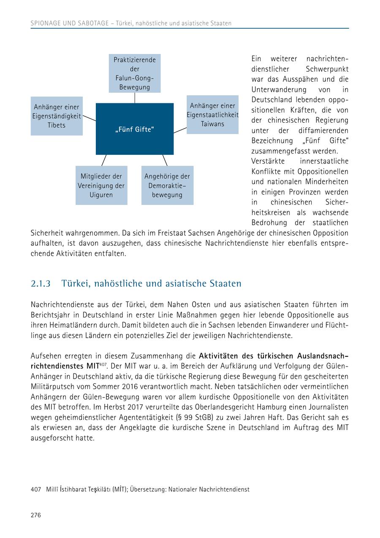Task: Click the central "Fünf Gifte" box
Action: [134, 129]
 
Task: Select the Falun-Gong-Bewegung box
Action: [134, 73]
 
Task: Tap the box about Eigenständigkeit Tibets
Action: [57, 116]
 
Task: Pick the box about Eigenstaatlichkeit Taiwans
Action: [212, 115]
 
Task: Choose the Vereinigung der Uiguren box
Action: [101, 186]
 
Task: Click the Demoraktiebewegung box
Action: [167, 186]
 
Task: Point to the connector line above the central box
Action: [135, 98]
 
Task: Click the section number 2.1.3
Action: [41, 284]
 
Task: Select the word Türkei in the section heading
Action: [75, 284]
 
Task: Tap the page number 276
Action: [36, 515]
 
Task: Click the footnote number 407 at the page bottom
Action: [36, 490]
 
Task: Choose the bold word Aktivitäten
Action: [223, 355]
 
